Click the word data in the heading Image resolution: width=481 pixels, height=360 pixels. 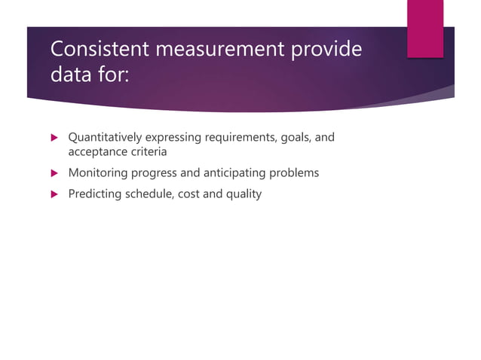pyautogui.click(x=72, y=76)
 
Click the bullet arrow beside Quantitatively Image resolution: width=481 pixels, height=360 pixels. pyautogui.click(x=54, y=138)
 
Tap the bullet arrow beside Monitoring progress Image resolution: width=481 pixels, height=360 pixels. pyautogui.click(x=54, y=173)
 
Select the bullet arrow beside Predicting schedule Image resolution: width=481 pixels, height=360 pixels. pyautogui.click(x=54, y=194)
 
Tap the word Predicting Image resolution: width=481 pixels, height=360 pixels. pyautogui.click(x=93, y=194)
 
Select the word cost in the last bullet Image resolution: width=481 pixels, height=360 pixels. pyautogui.click(x=188, y=194)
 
